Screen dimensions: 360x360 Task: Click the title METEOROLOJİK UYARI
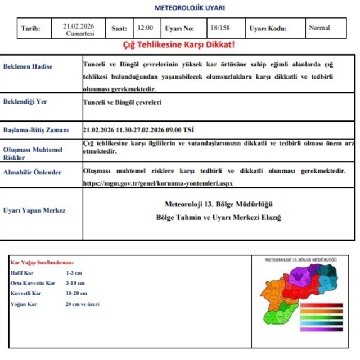(190, 8)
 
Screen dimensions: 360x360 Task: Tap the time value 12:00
(145, 28)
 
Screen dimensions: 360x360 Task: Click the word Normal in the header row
(319, 27)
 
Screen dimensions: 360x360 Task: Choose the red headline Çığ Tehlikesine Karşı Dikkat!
(179, 44)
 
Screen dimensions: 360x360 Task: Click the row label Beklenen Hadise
(28, 66)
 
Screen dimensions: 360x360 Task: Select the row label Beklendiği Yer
(25, 102)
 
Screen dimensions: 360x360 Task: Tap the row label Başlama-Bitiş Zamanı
(36, 130)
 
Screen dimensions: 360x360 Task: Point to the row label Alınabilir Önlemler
(33, 172)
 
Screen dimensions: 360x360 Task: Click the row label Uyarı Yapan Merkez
(34, 210)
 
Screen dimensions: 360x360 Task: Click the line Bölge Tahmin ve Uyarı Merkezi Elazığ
(219, 217)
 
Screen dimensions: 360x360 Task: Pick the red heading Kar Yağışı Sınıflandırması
(42, 263)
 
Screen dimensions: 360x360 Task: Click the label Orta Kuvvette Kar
(33, 283)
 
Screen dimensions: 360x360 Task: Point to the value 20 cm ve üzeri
(82, 304)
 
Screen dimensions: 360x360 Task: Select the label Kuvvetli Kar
(26, 293)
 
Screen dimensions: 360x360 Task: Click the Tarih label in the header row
(30, 28)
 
